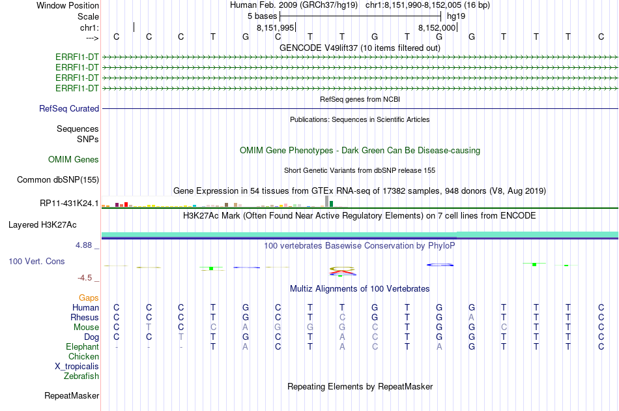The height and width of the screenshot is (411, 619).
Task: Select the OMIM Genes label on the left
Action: pos(74,159)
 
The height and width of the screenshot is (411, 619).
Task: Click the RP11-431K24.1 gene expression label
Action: pos(69,203)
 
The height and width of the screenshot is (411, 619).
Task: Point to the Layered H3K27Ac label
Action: pos(42,224)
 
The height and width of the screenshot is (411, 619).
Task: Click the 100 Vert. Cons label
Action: pos(36,261)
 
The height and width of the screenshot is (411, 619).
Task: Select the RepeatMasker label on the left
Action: pos(72,395)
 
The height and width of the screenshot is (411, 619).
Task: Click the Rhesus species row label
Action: pos(85,317)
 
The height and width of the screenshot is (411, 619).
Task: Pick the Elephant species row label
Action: pos(82,346)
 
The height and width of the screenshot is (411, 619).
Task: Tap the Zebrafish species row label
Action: pos(81,376)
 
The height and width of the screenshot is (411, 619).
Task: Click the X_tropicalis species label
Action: pos(77,366)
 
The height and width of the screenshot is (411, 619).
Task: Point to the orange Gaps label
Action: pos(89,297)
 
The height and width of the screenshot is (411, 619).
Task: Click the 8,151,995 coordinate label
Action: pos(276,27)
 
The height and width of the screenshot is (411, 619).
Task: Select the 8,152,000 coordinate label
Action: pos(437,27)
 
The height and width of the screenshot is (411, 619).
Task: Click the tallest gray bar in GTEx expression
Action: pos(326,201)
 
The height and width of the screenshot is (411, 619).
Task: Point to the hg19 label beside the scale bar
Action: pos(456,16)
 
